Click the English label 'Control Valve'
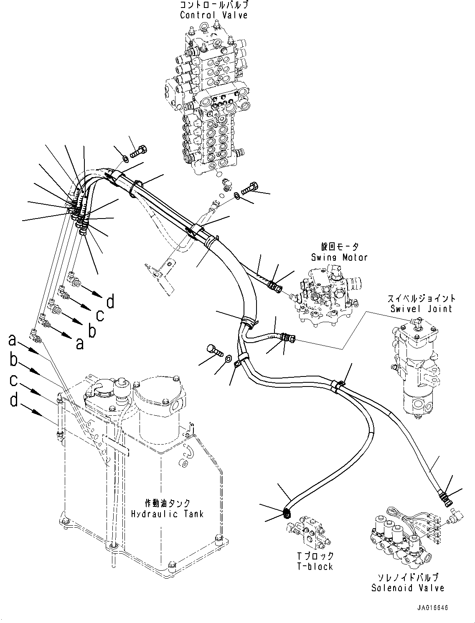pyautogui.click(x=213, y=15)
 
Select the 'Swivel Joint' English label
pyautogui.click(x=421, y=309)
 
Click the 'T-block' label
pyautogui.click(x=316, y=567)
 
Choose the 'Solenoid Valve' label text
pyautogui.click(x=408, y=588)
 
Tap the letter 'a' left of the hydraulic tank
pyautogui.click(x=13, y=341)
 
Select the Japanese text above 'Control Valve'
pyautogui.click(x=213, y=5)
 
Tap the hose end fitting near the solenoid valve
pyautogui.click(x=445, y=495)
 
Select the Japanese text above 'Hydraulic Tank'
pyautogui.click(x=167, y=503)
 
